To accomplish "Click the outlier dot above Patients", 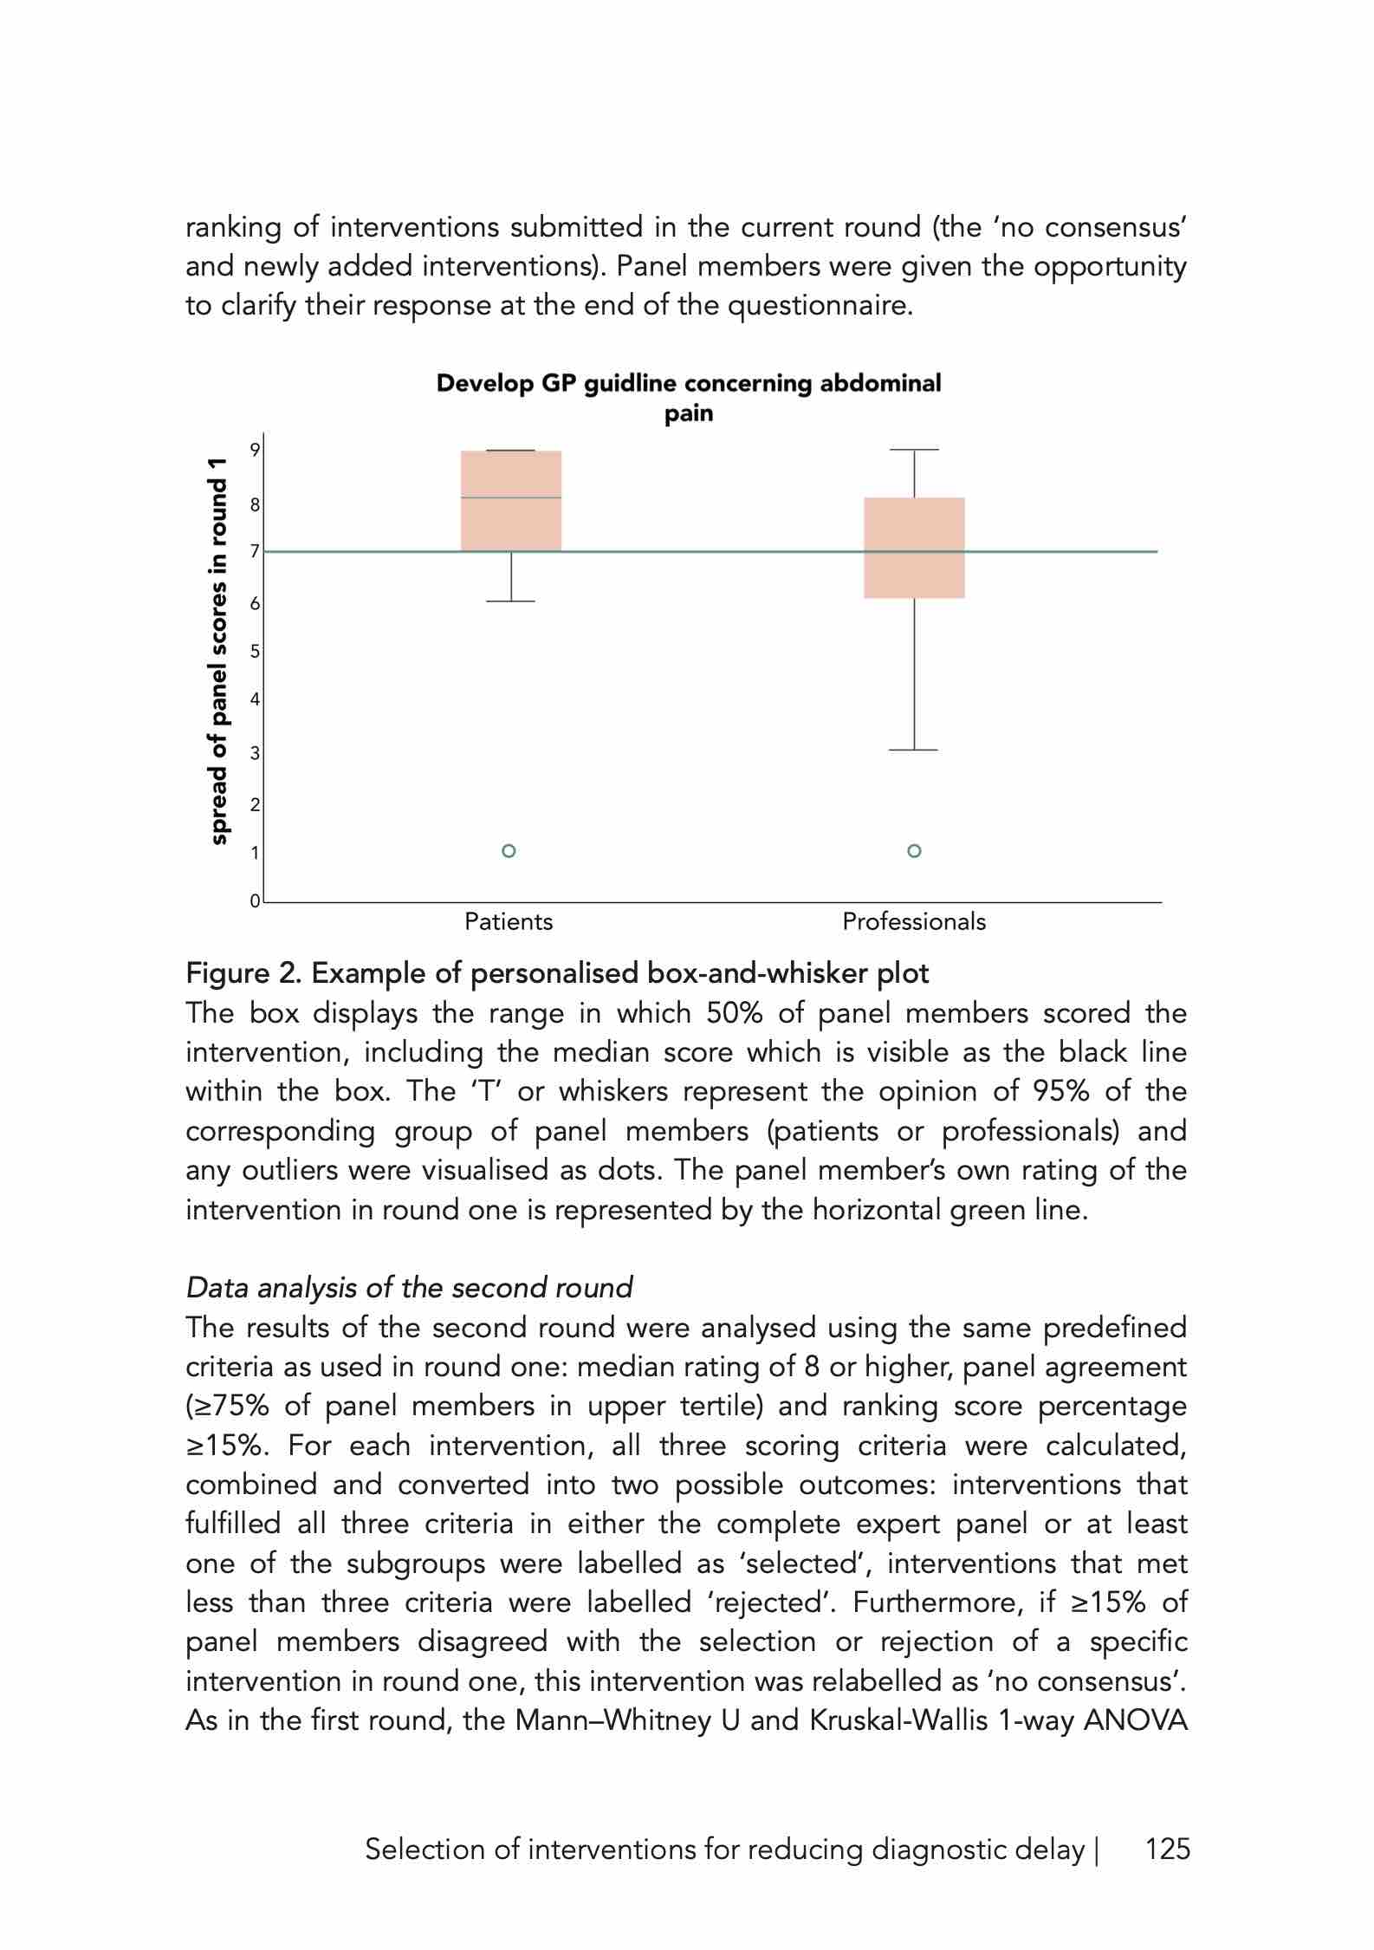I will click(509, 850).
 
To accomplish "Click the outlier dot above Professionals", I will click(914, 850).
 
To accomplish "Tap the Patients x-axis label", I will click(509, 921).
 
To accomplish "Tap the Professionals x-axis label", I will click(914, 921).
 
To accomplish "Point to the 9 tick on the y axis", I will click(256, 450).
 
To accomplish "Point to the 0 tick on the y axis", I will click(255, 901).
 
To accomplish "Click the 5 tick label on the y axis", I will click(256, 652).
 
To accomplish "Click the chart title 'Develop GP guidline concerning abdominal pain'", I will click(688, 398).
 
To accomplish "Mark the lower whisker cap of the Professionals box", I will click(914, 750).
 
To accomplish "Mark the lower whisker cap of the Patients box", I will click(511, 601).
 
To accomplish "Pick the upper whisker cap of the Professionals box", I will click(914, 450).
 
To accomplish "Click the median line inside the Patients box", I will click(511, 497).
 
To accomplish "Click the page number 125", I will click(1168, 1849).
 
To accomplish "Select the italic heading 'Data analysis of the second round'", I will click(409, 1287).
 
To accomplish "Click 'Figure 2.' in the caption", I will click(243, 973).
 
